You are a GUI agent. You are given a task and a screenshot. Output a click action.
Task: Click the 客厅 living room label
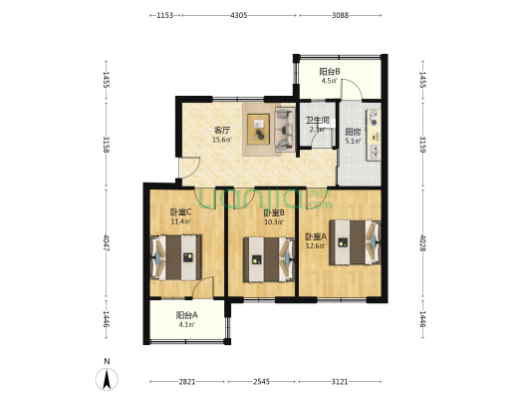coord(222,131)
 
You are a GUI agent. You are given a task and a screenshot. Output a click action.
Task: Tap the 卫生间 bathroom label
coord(318,121)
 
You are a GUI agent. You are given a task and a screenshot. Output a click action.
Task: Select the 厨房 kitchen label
coord(353,132)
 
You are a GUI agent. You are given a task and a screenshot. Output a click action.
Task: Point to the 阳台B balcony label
coord(330,72)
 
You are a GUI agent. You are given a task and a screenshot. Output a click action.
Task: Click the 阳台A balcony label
coord(186,315)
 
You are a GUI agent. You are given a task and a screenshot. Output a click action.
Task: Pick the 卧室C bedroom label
coord(180,212)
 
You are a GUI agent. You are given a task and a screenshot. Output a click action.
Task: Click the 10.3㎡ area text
coord(274,222)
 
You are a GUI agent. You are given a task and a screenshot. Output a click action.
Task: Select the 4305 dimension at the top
coord(239,15)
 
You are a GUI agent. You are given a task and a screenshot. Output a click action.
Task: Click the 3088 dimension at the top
coord(340,15)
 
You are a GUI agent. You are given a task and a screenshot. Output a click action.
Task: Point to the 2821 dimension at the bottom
coord(187,382)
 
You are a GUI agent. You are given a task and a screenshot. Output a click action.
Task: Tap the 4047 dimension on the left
coord(107,242)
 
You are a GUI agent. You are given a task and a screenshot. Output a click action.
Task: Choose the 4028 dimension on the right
coord(422,242)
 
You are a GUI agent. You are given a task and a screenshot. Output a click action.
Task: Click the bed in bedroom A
coord(355,242)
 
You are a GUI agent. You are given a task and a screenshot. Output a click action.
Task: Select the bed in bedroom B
coord(269,259)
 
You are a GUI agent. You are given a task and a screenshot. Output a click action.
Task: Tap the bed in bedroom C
coord(175,257)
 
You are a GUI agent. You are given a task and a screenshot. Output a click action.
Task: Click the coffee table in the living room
coord(258,129)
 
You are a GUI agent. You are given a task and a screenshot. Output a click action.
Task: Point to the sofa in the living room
coord(285,129)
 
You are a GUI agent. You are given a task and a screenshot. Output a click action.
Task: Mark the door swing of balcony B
coord(352,89)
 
